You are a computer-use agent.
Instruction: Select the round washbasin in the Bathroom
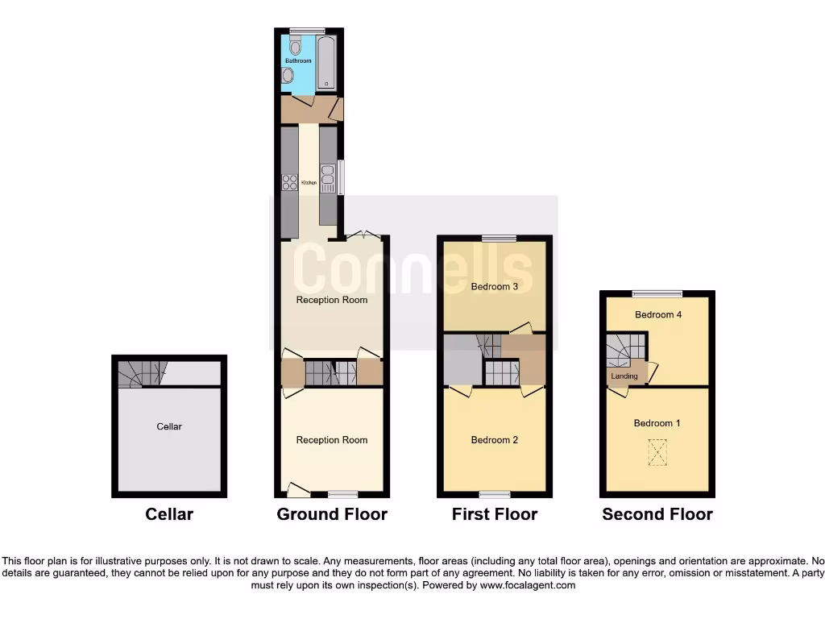pos(288,76)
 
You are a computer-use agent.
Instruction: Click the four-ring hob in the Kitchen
pos(289,182)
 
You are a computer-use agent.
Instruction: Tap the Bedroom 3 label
pos(494,287)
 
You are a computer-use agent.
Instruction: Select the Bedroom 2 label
pos(494,440)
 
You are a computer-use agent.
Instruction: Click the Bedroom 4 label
pos(658,314)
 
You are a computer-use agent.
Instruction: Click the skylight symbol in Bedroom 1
pos(659,452)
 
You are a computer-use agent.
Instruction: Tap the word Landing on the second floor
pos(624,376)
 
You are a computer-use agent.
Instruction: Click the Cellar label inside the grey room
pos(169,426)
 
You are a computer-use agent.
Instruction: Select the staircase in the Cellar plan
pos(142,374)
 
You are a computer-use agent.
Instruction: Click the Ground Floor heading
pos(332,514)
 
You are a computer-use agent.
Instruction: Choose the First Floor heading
pos(495,514)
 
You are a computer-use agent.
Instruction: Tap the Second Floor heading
pos(657,514)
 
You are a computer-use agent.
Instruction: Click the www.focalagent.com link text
pos(527,585)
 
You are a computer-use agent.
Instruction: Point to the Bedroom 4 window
pos(657,294)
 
